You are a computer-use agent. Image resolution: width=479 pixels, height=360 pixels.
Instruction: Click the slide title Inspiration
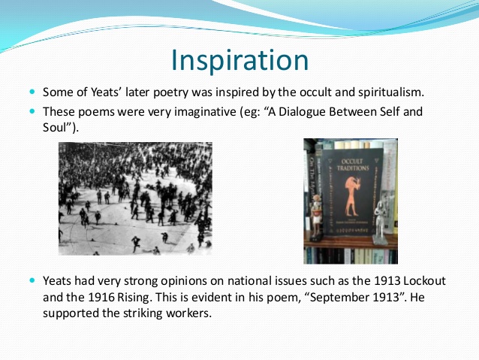[x=239, y=60]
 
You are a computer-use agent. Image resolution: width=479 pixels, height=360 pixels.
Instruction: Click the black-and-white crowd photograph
[x=135, y=198]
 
